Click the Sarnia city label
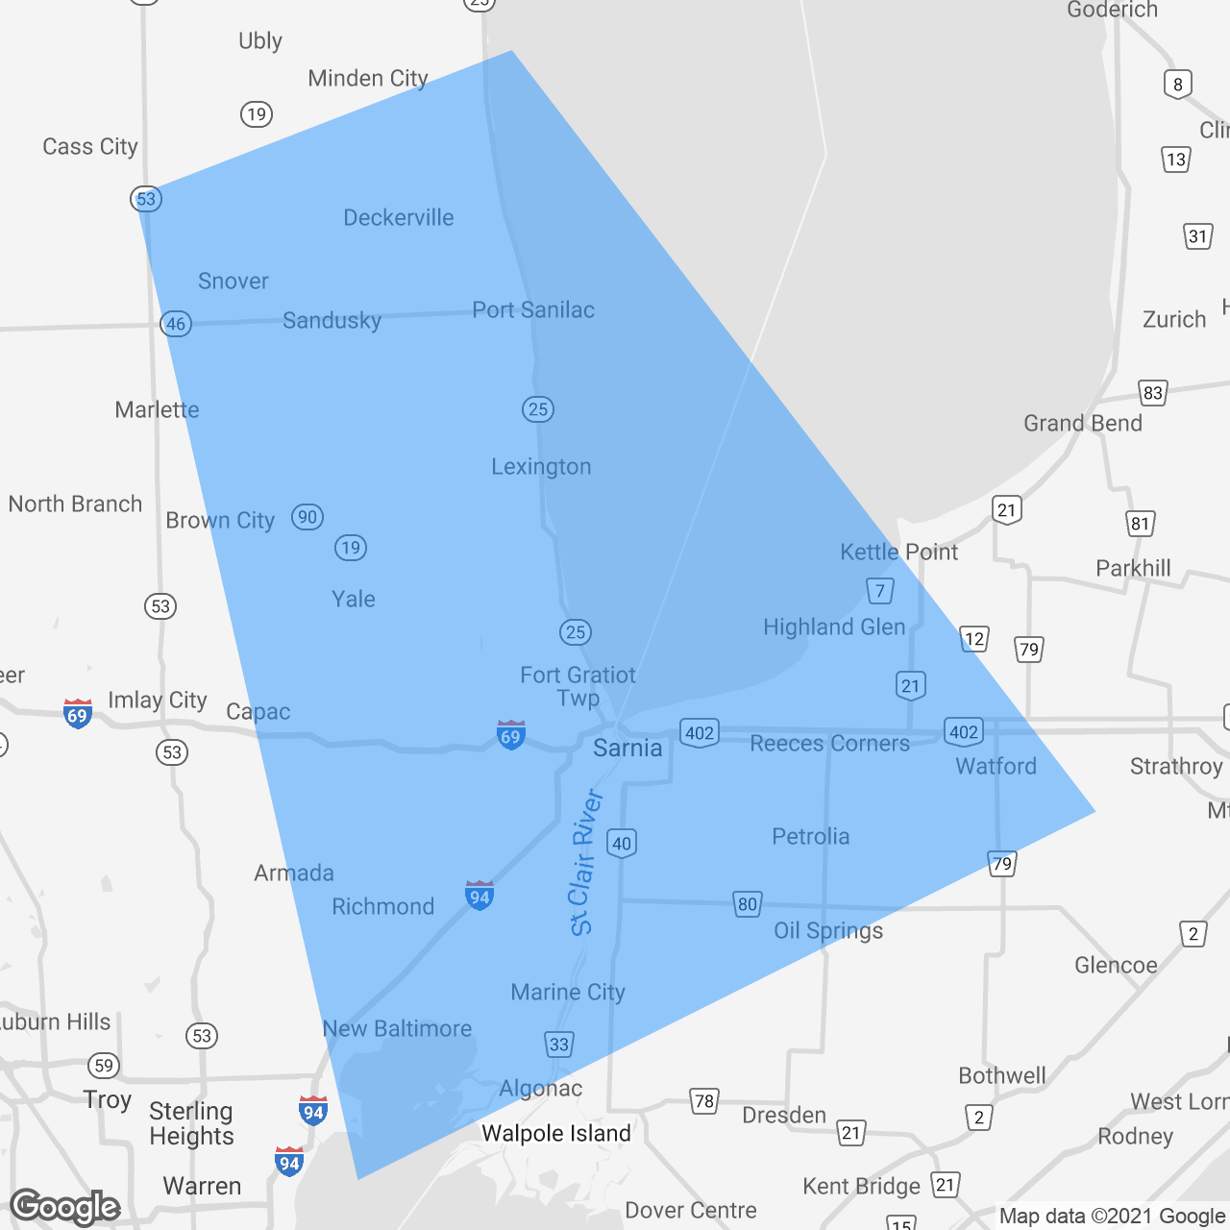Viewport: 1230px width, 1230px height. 627,748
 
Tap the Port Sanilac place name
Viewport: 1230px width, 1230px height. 533,309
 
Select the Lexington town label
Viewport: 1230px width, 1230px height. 541,467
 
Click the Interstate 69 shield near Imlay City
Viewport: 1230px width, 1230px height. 78,714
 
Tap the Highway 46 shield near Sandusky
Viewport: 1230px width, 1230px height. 176,324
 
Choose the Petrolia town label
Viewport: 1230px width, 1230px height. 811,836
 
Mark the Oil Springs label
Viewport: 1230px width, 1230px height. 828,930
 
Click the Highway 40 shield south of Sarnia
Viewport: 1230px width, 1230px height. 622,844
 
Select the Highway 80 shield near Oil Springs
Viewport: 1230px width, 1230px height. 748,903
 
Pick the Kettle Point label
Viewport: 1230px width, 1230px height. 898,552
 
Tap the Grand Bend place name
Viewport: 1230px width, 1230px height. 1083,423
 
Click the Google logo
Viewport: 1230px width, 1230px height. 65,1207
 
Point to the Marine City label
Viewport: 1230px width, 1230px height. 568,992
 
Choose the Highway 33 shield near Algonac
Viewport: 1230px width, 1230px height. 559,1045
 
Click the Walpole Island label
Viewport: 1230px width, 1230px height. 556,1133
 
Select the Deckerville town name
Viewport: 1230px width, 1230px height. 399,217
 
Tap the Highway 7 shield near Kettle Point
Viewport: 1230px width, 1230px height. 880,591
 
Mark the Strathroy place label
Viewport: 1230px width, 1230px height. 1176,766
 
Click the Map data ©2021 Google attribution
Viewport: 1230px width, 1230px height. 1112,1216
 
